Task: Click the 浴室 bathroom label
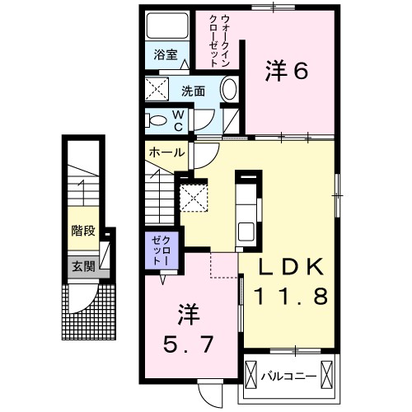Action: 166,55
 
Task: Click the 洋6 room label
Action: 286,73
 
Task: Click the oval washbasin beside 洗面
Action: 230,89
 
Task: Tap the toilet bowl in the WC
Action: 157,120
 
